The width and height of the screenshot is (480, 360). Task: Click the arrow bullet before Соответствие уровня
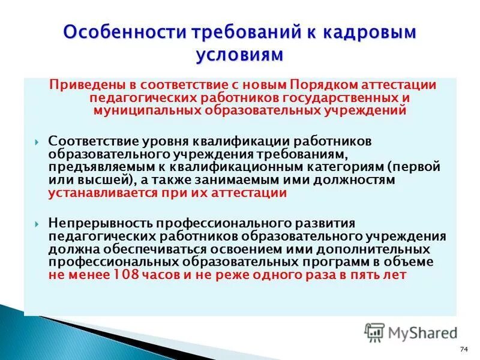(x=37, y=141)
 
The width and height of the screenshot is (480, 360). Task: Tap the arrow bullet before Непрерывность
(x=37, y=223)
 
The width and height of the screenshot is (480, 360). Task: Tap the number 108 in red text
(x=125, y=275)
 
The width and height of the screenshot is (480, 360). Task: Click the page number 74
(x=463, y=350)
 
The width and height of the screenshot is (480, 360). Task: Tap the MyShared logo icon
(x=374, y=331)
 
